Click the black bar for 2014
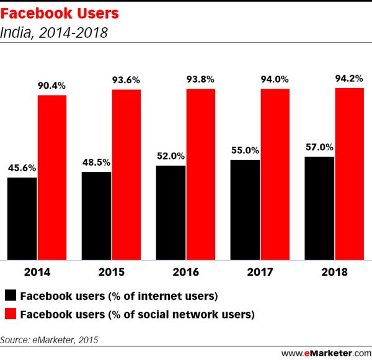[22, 218]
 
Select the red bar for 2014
[51, 177]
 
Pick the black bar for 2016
[170, 212]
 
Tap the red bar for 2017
[275, 174]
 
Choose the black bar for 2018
[319, 208]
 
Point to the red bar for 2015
[126, 174]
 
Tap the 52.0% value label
[170, 156]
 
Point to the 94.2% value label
[349, 79]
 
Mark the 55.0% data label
[244, 151]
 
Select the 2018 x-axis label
[334, 272]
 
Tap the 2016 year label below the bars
[185, 272]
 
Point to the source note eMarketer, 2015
[49, 340]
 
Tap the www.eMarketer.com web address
[322, 351]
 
